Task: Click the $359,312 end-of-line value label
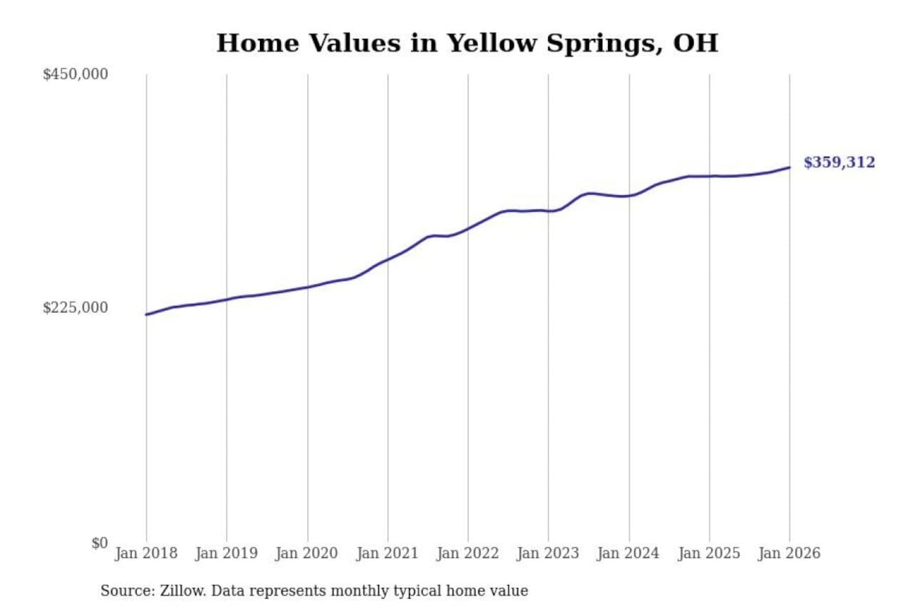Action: coord(839,162)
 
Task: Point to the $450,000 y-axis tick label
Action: coord(75,74)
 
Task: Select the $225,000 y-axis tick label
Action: coord(75,308)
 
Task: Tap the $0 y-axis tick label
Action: coord(100,543)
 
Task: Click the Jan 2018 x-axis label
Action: coord(146,553)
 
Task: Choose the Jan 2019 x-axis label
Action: coord(226,553)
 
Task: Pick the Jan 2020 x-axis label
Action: coord(307,553)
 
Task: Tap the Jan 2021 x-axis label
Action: coord(387,553)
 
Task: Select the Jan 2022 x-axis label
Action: coord(468,553)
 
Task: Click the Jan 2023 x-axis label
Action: coord(548,553)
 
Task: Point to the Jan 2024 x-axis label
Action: coord(628,553)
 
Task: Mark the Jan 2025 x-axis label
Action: coord(709,553)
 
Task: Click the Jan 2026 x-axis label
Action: coord(789,553)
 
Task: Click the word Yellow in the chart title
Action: coord(491,43)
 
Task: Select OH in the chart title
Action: coord(696,43)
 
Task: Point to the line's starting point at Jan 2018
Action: coord(146,315)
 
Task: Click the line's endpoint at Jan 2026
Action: coord(789,167)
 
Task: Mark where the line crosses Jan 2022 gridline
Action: coord(469,228)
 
